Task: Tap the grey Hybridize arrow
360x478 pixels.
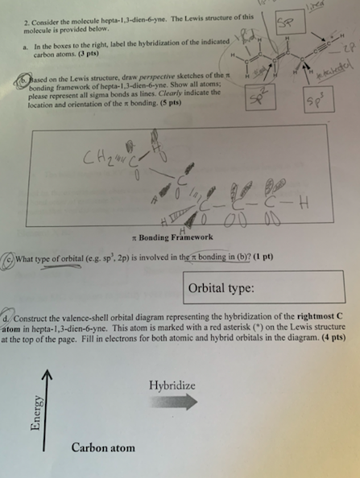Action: click(x=172, y=401)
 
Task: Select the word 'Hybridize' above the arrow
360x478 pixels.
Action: click(x=172, y=385)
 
